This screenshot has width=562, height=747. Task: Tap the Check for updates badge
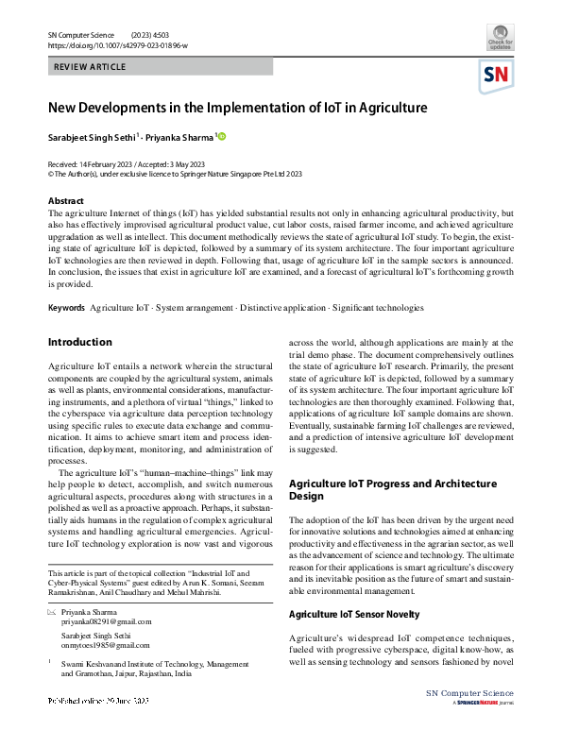(x=500, y=39)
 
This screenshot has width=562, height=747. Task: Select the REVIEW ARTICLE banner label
(x=89, y=67)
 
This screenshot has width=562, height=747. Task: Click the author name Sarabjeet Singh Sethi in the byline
(x=93, y=137)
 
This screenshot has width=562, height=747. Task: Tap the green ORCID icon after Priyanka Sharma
(x=223, y=137)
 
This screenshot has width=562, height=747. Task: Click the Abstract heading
(x=65, y=201)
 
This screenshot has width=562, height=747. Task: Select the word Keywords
(x=66, y=308)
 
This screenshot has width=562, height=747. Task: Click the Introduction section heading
(x=79, y=342)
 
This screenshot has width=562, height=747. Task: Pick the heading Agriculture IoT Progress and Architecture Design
(x=392, y=489)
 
